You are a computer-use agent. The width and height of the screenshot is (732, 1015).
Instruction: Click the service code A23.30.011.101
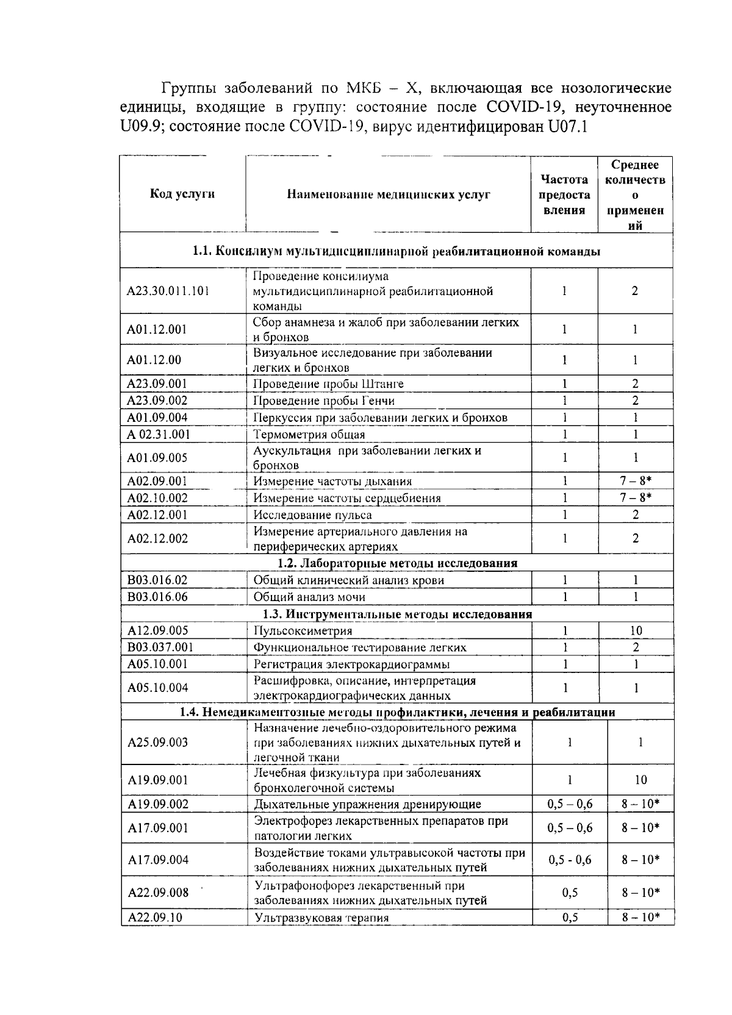click(x=168, y=291)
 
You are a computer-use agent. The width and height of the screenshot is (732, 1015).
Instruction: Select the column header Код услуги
click(x=182, y=194)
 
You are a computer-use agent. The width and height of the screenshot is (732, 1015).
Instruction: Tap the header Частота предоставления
click(x=564, y=194)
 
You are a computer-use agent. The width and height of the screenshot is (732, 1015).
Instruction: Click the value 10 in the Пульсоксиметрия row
click(x=636, y=631)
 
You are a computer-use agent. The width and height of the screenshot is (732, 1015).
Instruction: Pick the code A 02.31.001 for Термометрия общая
click(x=159, y=434)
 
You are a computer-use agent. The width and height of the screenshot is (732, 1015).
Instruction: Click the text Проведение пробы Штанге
click(x=328, y=383)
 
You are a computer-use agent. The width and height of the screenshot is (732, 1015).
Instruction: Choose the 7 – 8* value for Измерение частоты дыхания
click(x=636, y=481)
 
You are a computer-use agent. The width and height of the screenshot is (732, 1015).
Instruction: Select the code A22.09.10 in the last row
click(x=155, y=917)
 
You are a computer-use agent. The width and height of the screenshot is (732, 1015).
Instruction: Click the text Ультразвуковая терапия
click(x=321, y=917)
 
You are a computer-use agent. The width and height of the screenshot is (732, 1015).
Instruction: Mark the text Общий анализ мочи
click(x=309, y=597)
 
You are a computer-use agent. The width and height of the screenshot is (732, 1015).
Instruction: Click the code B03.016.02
click(x=157, y=580)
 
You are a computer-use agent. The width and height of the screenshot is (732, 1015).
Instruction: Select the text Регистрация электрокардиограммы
click(x=352, y=664)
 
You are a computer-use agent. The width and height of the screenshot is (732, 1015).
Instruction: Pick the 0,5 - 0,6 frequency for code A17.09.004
click(x=570, y=860)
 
